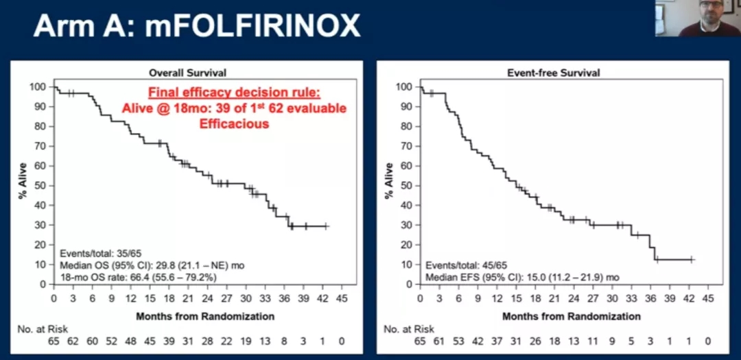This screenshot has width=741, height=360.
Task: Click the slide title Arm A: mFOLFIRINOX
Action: pos(196,26)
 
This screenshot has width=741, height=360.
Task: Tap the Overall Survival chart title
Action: pos(188,72)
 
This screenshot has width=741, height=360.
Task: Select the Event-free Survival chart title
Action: pos(553,72)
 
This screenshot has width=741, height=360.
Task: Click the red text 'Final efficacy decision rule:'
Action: pos(234,94)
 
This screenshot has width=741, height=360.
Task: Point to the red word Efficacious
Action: pos(234,124)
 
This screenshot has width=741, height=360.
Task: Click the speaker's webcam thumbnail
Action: pos(697,19)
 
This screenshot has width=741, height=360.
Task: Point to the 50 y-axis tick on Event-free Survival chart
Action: pos(408,186)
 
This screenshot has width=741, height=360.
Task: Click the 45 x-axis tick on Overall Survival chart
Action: pos(342,298)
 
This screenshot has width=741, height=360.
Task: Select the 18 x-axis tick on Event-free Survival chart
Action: pos(535,298)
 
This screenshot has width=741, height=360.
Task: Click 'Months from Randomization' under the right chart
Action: pos(572,316)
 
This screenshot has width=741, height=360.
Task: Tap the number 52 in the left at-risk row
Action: pos(111,341)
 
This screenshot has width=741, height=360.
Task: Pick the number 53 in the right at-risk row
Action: pos(458,341)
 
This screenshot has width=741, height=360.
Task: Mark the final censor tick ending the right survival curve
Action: pos(692,259)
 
